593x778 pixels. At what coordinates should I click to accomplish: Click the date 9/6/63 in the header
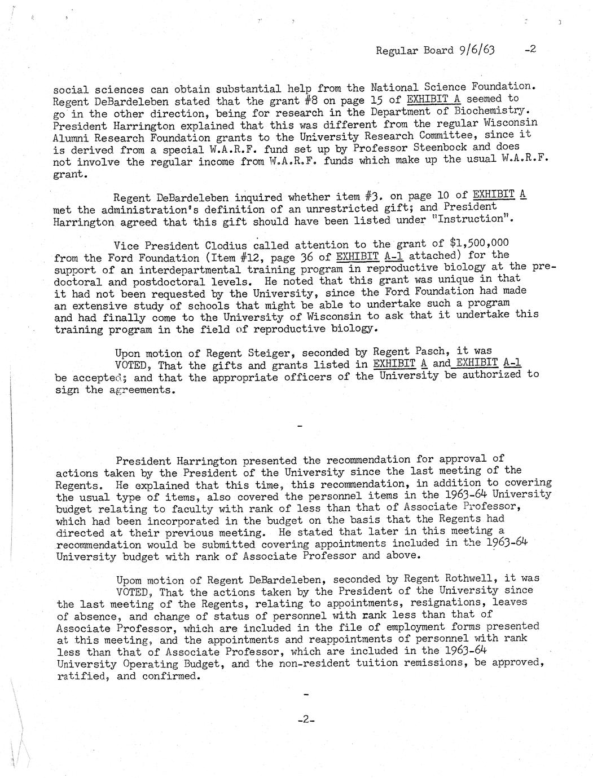pos(477,50)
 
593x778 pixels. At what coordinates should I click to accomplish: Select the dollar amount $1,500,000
pos(480,244)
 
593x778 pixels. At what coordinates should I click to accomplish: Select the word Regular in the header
pos(396,51)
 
